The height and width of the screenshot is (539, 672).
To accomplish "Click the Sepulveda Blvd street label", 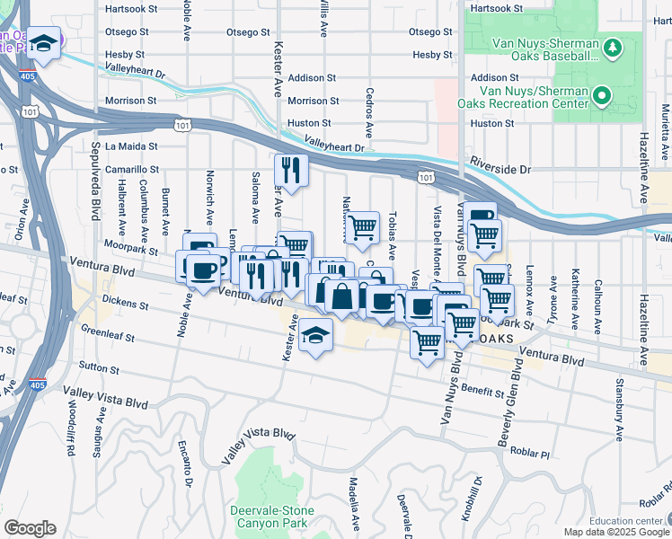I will pyautogui.click(x=94, y=180).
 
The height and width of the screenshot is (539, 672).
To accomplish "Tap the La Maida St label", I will pyautogui.click(x=131, y=146).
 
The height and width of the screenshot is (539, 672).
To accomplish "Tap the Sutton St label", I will pyautogui.click(x=99, y=367).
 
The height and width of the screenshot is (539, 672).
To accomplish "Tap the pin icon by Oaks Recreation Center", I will pyautogui.click(x=601, y=93).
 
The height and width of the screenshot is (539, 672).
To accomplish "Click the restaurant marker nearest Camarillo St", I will pyautogui.click(x=291, y=168).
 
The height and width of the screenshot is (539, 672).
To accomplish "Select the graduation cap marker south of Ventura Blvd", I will pyautogui.click(x=312, y=335).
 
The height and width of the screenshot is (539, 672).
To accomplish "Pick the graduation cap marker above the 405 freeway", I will pyautogui.click(x=42, y=42).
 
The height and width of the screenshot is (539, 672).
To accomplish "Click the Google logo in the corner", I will pyautogui.click(x=30, y=528).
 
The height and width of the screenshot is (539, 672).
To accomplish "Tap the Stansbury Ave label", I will pyautogui.click(x=618, y=414).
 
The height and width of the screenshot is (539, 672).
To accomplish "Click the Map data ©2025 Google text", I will pyautogui.click(x=615, y=532).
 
